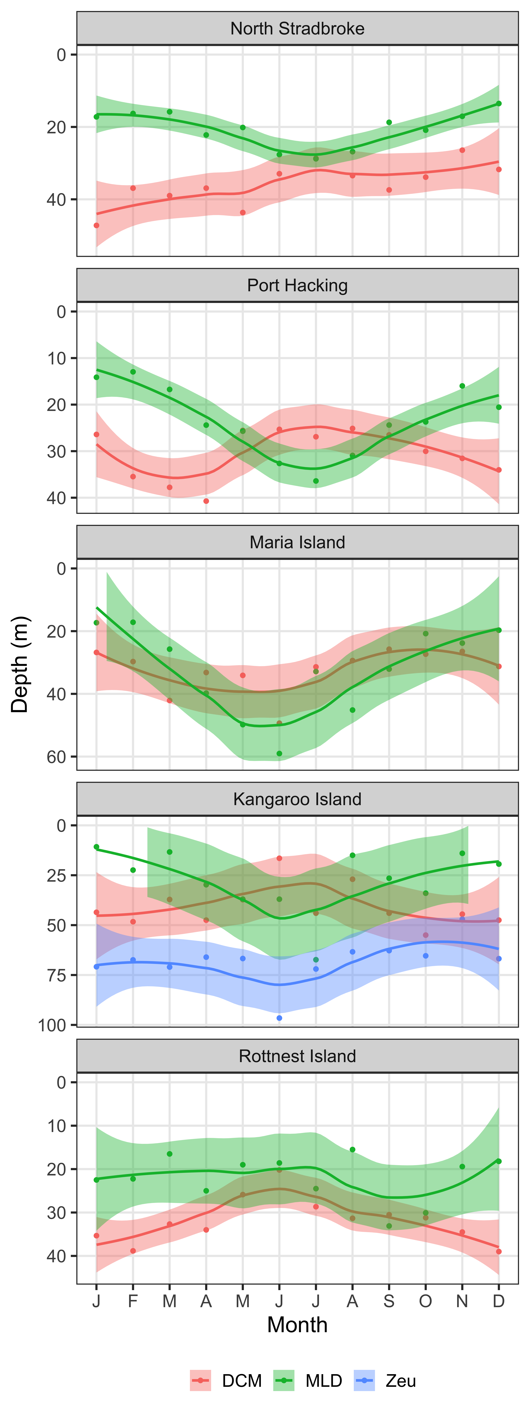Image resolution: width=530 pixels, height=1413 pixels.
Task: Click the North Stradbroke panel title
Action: click(x=297, y=29)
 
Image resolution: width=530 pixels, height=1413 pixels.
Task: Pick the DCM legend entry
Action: click(x=226, y=1381)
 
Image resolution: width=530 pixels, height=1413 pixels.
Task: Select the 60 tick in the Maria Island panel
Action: click(x=57, y=757)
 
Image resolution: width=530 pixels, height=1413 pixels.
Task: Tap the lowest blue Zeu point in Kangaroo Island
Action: click(x=279, y=1018)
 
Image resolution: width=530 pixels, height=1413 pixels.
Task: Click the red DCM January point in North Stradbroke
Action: click(x=97, y=225)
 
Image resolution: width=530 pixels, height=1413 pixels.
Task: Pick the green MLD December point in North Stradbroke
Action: click(x=499, y=104)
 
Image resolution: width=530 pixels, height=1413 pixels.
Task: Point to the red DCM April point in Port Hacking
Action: click(x=206, y=501)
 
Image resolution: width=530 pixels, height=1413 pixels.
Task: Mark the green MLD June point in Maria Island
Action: click(x=279, y=754)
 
